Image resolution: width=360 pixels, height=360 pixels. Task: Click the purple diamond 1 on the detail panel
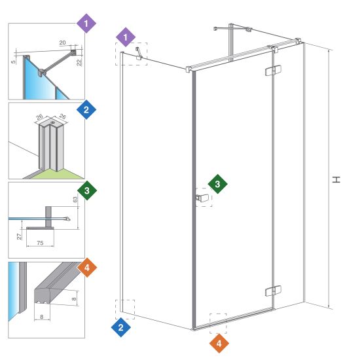tap(86, 24)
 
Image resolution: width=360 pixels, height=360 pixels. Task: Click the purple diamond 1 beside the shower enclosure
tap(126, 37)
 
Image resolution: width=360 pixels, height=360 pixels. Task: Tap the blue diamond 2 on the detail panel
tap(86, 109)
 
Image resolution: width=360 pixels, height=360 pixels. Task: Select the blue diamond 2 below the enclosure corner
tap(121, 327)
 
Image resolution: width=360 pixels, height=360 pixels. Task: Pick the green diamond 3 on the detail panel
tap(87, 190)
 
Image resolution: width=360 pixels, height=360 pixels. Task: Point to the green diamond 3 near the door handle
tap(217, 184)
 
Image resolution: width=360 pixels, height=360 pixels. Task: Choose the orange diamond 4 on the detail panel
tap(87, 268)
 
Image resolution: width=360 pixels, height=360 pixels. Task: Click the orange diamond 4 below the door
tap(219, 344)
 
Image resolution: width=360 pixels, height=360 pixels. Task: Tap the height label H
tap(336, 179)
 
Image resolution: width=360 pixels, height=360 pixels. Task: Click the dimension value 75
tap(40, 243)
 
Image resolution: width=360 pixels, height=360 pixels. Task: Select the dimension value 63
tap(75, 199)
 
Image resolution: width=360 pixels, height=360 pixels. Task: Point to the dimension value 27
tap(20, 236)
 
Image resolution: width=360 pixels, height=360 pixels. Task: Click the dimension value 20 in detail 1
tap(62, 43)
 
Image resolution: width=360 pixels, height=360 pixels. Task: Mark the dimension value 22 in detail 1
tap(79, 62)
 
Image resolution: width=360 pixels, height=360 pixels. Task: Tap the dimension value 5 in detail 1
tap(13, 62)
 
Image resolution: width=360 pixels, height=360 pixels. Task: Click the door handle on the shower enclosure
tap(202, 198)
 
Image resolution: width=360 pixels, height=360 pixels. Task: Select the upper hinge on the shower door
tap(273, 71)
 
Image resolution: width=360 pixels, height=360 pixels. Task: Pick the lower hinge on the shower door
tap(273, 291)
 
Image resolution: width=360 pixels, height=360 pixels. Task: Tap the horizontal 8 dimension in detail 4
tap(41, 317)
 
